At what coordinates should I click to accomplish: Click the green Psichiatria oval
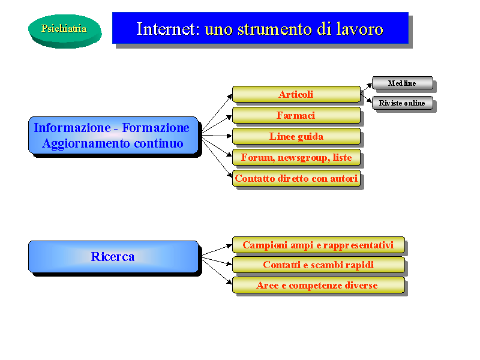[65, 31]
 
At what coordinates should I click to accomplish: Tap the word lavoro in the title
[359, 29]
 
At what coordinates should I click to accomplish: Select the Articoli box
[296, 94]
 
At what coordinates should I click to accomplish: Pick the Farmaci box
[296, 115]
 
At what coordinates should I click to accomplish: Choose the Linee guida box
[296, 136]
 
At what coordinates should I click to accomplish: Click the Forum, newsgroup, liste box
[296, 157]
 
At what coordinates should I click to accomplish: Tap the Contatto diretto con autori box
[296, 178]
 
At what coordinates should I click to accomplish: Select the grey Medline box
[403, 83]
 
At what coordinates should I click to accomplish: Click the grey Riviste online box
[403, 103]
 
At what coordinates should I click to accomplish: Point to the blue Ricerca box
[113, 257]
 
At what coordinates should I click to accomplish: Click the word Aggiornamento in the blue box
[86, 143]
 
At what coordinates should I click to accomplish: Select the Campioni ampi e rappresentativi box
[319, 245]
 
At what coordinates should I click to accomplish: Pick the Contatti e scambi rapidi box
[319, 265]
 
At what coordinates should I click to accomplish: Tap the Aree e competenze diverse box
[319, 286]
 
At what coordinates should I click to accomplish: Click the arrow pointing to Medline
[367, 88]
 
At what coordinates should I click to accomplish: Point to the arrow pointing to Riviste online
[367, 98]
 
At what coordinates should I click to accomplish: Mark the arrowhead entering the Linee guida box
[230, 136]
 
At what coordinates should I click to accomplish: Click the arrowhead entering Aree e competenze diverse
[230, 282]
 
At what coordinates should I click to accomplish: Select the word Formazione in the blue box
[156, 128]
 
